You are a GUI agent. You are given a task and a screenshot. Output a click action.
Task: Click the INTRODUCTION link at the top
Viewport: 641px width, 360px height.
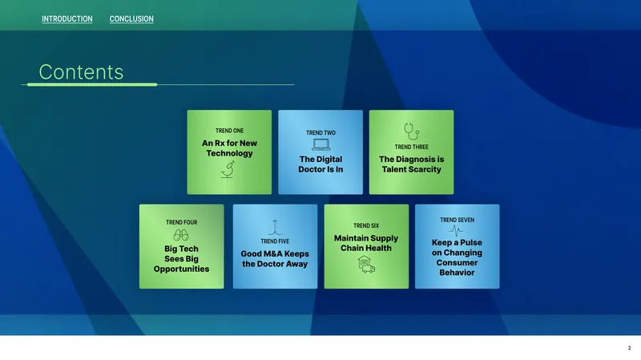(x=67, y=18)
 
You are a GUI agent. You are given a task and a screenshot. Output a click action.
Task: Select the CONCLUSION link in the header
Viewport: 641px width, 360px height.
(x=131, y=18)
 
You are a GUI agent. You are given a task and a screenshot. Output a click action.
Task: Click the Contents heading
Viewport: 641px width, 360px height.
(x=81, y=72)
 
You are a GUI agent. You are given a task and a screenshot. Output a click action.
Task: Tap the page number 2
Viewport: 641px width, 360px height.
(x=629, y=348)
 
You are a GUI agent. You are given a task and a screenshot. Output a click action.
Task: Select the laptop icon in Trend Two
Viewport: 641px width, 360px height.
(x=321, y=144)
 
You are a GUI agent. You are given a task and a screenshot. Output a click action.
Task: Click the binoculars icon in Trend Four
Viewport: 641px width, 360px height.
(x=181, y=235)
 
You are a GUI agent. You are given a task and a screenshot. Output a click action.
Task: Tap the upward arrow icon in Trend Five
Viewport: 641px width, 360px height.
(x=275, y=226)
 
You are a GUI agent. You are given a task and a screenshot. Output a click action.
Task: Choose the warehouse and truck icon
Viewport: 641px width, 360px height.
(x=366, y=265)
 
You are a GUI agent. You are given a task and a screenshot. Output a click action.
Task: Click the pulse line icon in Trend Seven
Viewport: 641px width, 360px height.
(x=456, y=231)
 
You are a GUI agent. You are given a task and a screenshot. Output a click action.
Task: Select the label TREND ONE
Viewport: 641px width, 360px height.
(x=229, y=131)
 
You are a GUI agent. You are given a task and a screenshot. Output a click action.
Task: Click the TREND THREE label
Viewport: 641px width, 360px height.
(x=411, y=147)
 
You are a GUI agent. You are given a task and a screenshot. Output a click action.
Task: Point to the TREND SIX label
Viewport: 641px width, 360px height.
(x=366, y=226)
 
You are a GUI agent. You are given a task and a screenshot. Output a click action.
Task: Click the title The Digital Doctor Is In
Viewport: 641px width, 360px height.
(x=320, y=164)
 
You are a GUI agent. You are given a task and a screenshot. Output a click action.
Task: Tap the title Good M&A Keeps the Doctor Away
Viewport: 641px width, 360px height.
(x=275, y=259)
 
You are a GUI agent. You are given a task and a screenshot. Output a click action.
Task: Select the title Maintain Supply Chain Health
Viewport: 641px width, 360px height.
(x=366, y=243)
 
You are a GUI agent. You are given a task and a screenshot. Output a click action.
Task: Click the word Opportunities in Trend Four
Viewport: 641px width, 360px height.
(x=182, y=269)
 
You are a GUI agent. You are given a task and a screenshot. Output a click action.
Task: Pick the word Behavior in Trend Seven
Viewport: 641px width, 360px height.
(x=457, y=273)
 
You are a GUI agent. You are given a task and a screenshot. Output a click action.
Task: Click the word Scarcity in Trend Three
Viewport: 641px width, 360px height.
(x=427, y=169)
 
